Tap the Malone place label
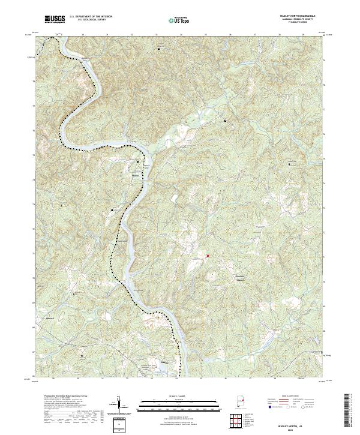135,175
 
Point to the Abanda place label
50,318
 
